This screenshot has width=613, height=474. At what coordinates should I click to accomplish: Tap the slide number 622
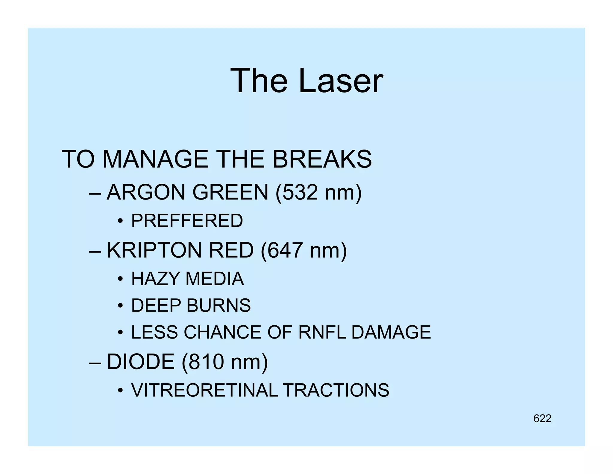pos(542,419)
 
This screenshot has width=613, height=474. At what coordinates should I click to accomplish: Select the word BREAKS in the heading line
pos(322,159)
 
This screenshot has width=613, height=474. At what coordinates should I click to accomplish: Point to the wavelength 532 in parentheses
pos(300,192)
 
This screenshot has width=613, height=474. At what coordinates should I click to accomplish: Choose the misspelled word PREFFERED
pos(187,221)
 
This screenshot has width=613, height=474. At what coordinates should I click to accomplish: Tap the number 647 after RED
pos(285,250)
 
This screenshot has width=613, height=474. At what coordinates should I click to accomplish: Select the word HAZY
pos(155,279)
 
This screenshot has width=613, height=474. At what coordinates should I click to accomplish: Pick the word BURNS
pos(219,306)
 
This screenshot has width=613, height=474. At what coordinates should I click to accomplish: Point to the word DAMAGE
pos(391,332)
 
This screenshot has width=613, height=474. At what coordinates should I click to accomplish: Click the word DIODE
pos(141,362)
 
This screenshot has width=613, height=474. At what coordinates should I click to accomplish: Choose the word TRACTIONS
pos(336,390)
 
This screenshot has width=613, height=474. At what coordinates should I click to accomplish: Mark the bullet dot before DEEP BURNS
pos(120,306)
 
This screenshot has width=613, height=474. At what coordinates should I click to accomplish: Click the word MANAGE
pos(155,159)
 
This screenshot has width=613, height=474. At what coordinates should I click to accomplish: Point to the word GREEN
pos(230,192)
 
